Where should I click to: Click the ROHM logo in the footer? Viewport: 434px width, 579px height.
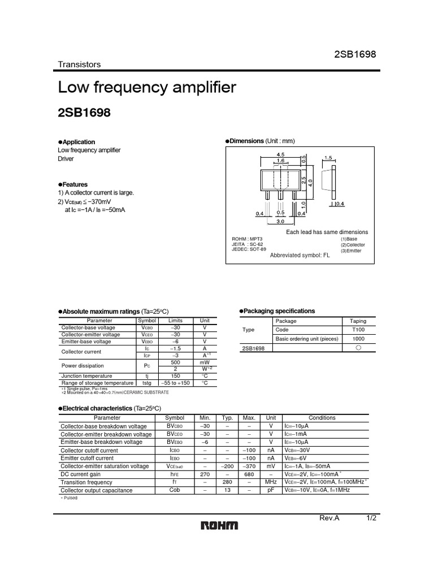(x=220, y=526)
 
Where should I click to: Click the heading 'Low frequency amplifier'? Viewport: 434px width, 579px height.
(x=147, y=88)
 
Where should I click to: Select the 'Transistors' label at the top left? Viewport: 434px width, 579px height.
(x=79, y=64)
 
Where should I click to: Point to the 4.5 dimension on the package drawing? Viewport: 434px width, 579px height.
(x=280, y=154)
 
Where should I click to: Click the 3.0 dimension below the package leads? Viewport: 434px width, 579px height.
(x=280, y=222)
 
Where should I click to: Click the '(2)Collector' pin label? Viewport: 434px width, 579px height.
(x=353, y=245)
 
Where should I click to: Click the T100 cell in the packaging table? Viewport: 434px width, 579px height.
(x=358, y=330)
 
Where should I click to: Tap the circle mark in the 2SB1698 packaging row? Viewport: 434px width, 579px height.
(x=358, y=348)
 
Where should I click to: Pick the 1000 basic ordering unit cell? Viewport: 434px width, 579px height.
(x=358, y=339)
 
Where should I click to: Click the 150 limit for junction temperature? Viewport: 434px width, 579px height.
(x=175, y=375)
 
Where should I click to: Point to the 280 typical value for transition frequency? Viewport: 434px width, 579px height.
(x=227, y=482)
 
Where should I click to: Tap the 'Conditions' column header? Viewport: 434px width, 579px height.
(x=322, y=418)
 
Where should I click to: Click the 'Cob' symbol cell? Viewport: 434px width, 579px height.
(x=175, y=490)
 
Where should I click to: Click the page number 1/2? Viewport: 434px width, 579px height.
(x=371, y=518)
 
